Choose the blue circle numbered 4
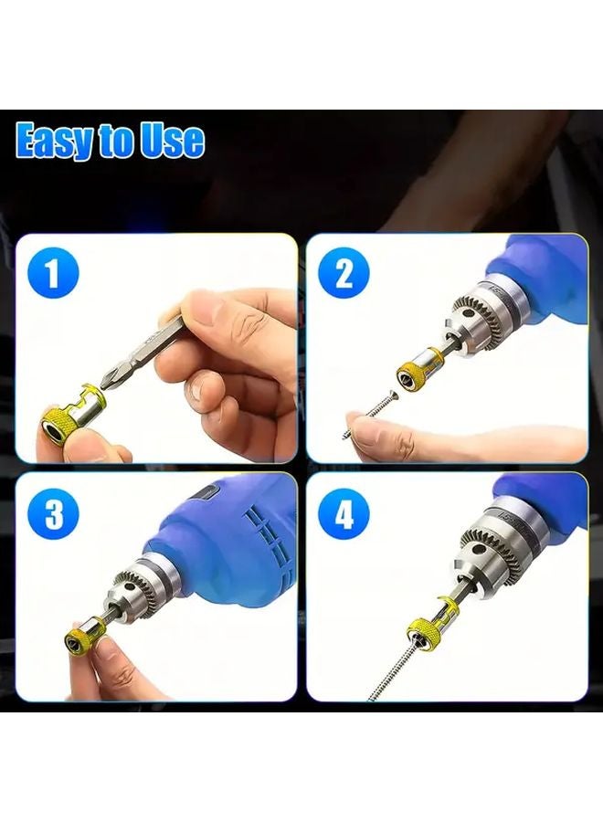point(344,516)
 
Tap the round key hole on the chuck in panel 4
point(478,549)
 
